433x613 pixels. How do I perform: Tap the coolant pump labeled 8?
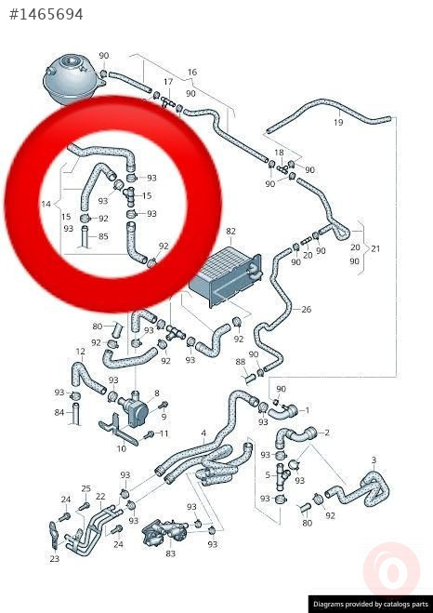[x=134, y=409]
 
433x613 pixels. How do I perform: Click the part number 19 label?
[x=338, y=123]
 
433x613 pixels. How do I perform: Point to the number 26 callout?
[x=307, y=309]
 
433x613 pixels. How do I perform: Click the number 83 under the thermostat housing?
[x=171, y=553]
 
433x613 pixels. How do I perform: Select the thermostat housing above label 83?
[x=164, y=532]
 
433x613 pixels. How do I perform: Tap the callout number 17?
[x=168, y=82]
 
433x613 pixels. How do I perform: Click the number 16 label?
[x=192, y=73]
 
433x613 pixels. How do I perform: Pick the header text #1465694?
[x=46, y=15]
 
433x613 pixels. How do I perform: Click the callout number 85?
[x=103, y=236]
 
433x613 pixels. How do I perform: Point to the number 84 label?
[x=59, y=412]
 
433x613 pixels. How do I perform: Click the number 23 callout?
[x=55, y=559]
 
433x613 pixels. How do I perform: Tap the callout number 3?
[x=374, y=460]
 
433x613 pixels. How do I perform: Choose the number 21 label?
[x=375, y=248]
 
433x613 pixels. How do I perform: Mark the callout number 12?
[x=80, y=352]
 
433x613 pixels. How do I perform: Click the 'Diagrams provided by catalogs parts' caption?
[x=371, y=604]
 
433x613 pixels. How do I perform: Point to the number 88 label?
[x=241, y=362]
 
